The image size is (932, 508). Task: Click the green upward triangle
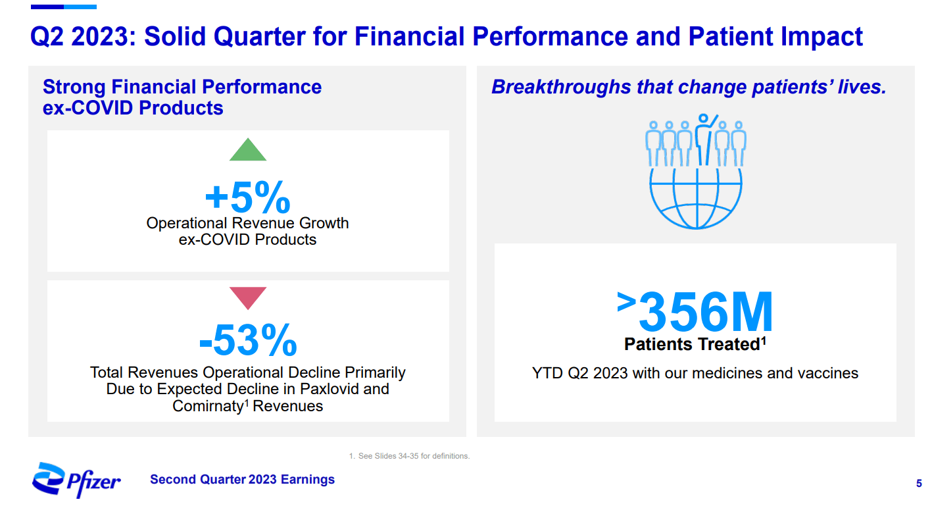248,151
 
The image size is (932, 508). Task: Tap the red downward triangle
248,297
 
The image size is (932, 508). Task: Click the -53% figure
248,340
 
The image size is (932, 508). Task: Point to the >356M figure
695,313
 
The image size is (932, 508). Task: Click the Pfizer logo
76,480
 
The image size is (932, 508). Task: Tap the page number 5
918,484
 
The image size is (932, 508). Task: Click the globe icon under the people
695,197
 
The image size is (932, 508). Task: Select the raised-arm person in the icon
705,139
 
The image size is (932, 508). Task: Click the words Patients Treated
691,344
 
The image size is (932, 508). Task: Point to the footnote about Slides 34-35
409,456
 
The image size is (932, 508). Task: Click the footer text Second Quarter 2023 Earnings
242,480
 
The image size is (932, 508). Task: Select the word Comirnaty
208,406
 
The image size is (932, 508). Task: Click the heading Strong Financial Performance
182,88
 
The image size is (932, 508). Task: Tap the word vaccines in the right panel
827,373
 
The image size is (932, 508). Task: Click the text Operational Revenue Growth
247,223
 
